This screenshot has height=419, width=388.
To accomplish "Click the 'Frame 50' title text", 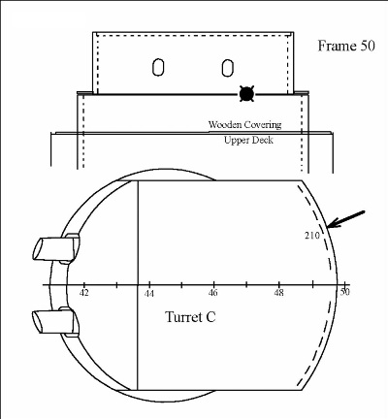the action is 346,46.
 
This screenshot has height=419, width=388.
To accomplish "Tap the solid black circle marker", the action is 246,94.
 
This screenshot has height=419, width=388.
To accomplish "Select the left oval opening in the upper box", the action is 158,67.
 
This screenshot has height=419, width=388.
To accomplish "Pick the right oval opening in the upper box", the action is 228,68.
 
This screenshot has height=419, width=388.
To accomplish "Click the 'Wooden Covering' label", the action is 244,124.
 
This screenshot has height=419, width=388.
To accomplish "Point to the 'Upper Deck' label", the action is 248,140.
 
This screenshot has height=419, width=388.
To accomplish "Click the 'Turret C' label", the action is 190,317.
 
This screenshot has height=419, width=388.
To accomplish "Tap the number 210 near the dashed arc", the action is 312,236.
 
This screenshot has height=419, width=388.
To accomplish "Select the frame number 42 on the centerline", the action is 84,293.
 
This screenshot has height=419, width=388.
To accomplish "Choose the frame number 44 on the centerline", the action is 149,293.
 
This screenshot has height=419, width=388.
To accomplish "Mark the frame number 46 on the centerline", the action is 213,293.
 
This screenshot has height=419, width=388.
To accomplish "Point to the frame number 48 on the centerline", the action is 278,293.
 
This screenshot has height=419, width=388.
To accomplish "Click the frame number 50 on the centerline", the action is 344,292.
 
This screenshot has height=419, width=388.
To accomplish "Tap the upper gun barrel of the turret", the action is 55,249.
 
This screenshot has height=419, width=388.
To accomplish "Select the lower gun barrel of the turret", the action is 55,322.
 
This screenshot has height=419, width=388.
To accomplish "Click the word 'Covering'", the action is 263,125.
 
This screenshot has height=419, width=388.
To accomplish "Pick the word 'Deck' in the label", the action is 262,140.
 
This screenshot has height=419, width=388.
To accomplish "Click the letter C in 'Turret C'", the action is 210,317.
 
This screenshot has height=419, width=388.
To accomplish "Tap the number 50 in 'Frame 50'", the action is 367,46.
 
